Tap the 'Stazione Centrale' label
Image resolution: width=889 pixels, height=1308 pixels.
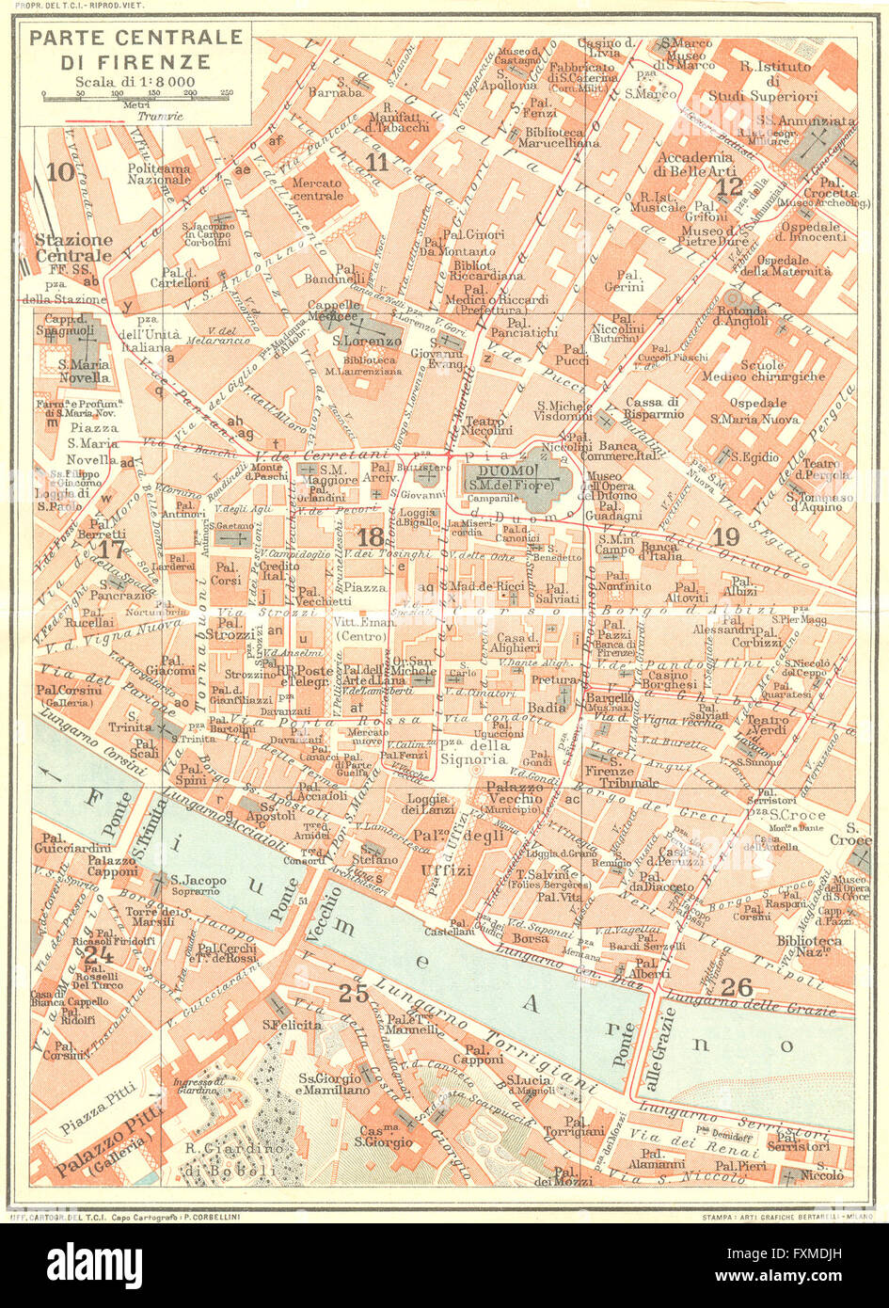(73, 247)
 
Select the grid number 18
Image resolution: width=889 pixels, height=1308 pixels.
(370, 536)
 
